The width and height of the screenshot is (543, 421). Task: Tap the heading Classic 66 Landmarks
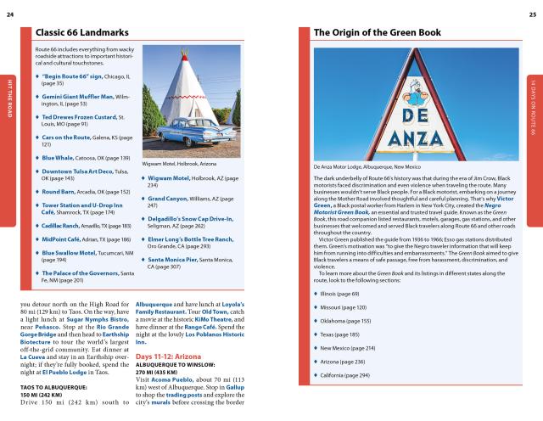pos(81,32)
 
